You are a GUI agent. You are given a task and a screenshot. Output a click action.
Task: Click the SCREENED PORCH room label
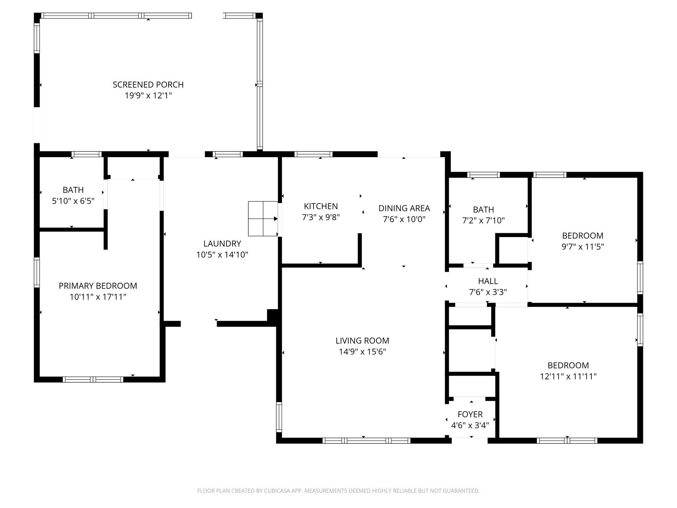(148, 85)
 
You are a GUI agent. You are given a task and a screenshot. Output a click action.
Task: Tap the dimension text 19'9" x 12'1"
(148, 96)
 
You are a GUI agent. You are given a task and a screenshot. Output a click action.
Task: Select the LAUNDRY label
(222, 244)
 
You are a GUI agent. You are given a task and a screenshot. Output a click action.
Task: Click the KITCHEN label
(321, 206)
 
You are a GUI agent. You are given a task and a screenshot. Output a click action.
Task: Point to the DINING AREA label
(404, 208)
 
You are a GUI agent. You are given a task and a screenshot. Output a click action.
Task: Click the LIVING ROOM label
(362, 341)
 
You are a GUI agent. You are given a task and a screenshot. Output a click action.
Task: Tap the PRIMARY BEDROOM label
(98, 286)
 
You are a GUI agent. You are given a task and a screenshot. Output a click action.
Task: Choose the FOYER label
(470, 414)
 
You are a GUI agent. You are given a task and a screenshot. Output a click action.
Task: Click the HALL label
(488, 281)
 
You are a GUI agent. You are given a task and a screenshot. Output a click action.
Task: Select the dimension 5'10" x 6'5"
(73, 201)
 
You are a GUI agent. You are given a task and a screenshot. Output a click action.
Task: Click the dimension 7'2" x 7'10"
(483, 221)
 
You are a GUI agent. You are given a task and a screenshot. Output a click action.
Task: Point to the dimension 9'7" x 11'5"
(582, 247)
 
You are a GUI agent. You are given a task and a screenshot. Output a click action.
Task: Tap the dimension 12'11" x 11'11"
(568, 376)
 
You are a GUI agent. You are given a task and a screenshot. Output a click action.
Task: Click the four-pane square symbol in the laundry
(263, 219)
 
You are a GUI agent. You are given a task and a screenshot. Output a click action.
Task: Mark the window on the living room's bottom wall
(366, 441)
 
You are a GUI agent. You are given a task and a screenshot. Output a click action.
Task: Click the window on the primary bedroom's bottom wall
(93, 379)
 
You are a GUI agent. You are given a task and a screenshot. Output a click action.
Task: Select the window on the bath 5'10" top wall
(87, 154)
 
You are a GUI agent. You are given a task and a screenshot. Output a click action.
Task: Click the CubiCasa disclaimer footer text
(338, 491)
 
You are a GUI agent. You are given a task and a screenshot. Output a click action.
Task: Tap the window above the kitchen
(313, 154)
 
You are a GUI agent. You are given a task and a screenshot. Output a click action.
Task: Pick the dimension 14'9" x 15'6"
(362, 352)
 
